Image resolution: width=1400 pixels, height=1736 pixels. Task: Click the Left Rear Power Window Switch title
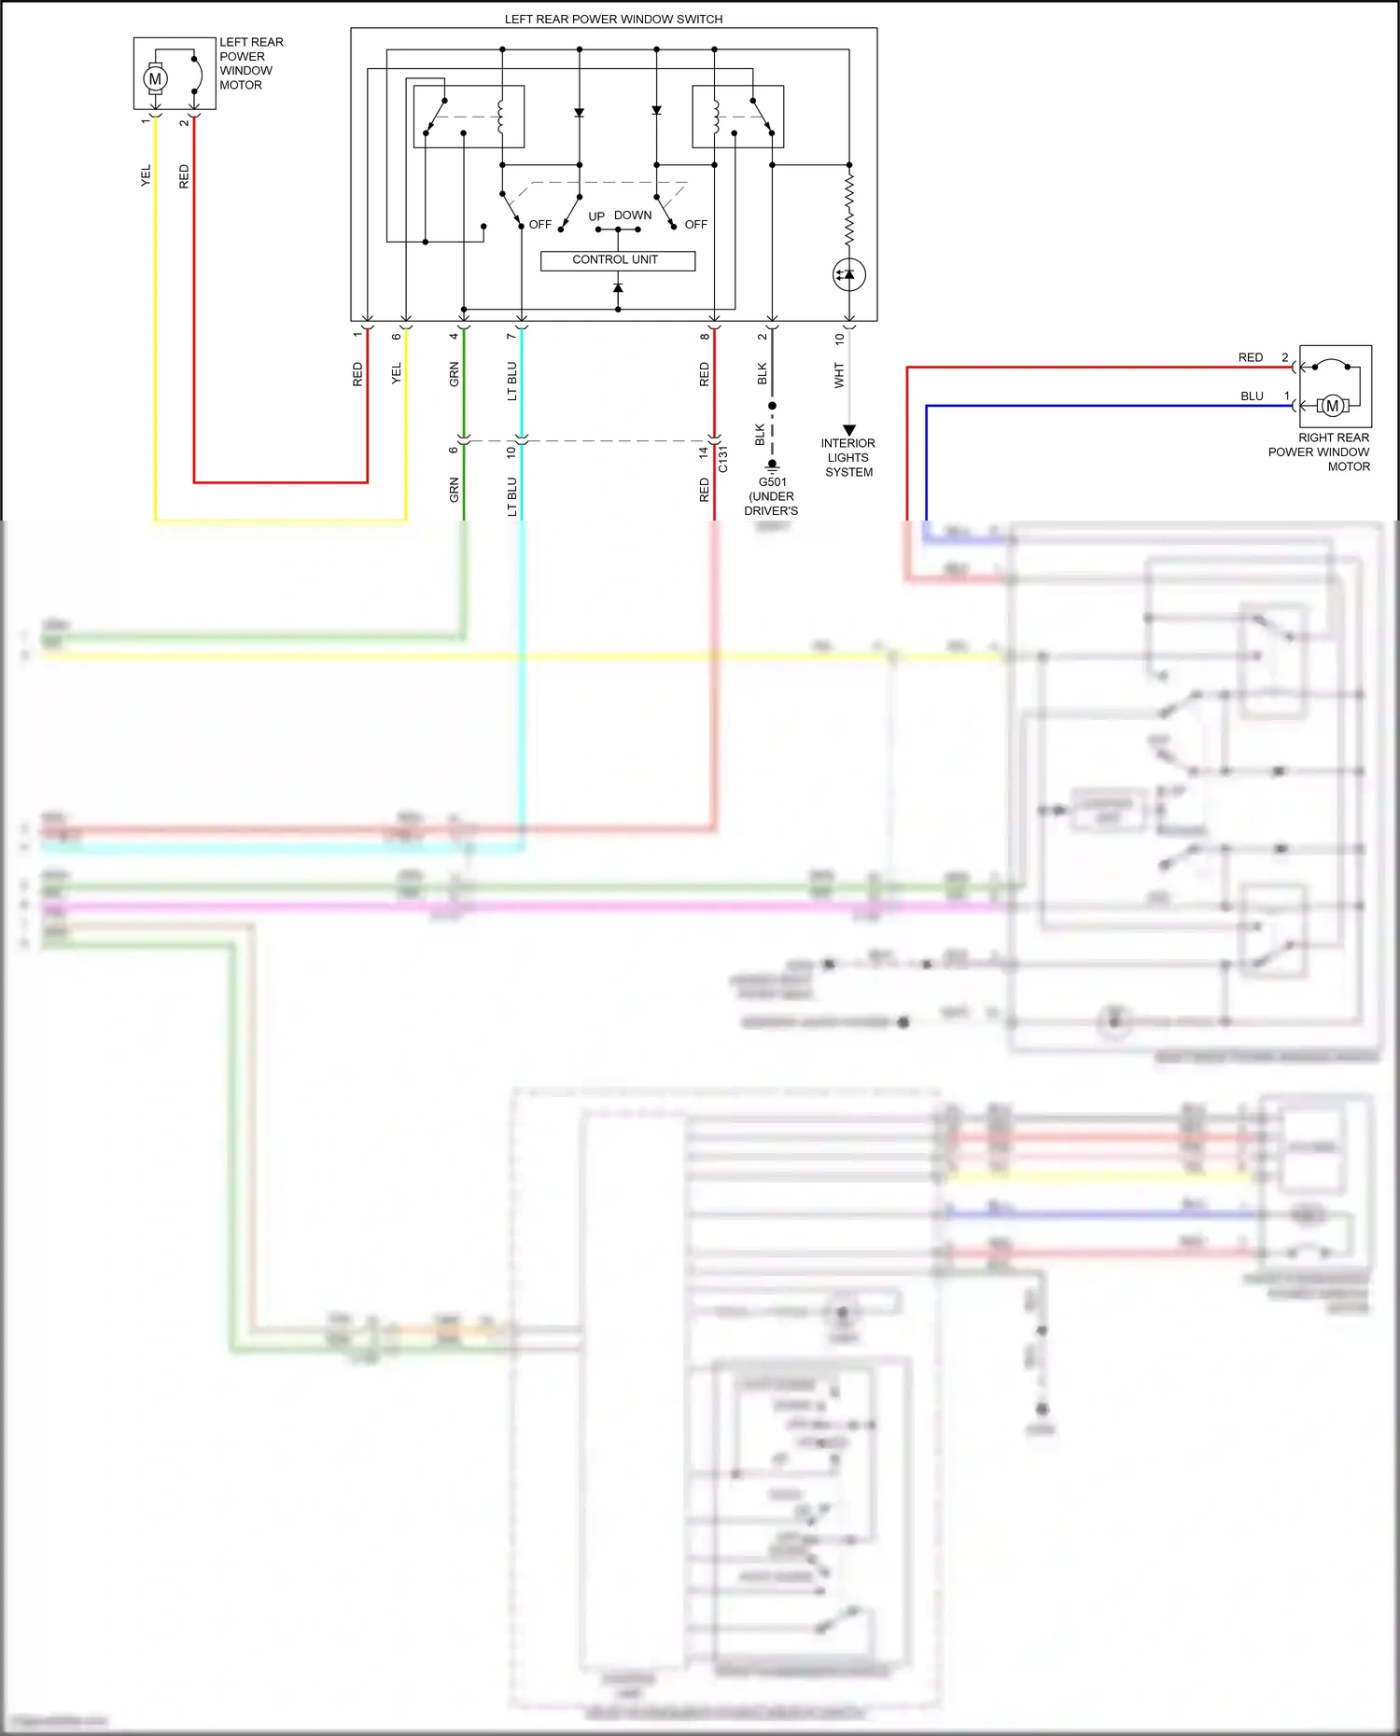(x=613, y=19)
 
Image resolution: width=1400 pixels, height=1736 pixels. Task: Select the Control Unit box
(x=617, y=260)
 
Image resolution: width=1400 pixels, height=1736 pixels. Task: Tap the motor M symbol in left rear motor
(x=155, y=79)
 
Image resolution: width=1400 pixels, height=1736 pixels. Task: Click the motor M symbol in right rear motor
(x=1332, y=406)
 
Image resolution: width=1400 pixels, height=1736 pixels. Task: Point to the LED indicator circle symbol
(x=848, y=274)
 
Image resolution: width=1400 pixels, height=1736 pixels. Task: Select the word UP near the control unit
(x=596, y=216)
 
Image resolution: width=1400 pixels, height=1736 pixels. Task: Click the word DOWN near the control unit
(x=633, y=215)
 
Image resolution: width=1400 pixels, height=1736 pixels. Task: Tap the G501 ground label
(x=772, y=482)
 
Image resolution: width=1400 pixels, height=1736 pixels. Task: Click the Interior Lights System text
(x=847, y=457)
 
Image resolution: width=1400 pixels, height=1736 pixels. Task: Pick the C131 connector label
(x=723, y=459)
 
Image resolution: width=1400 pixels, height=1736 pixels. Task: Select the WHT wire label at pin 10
(x=838, y=375)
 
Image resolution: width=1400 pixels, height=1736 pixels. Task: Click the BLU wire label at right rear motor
(x=1252, y=396)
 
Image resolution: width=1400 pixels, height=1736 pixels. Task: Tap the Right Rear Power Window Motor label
(x=1320, y=451)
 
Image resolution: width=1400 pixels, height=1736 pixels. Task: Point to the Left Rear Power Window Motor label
(x=250, y=63)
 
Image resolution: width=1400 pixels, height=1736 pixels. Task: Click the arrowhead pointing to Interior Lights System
(x=849, y=430)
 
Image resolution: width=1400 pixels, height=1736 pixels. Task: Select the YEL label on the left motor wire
(x=146, y=175)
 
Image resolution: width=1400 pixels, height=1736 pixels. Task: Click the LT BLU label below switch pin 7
(x=511, y=381)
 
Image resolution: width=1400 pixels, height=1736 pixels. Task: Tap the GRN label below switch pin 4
(x=455, y=374)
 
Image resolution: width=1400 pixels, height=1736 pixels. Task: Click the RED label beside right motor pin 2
(x=1250, y=357)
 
